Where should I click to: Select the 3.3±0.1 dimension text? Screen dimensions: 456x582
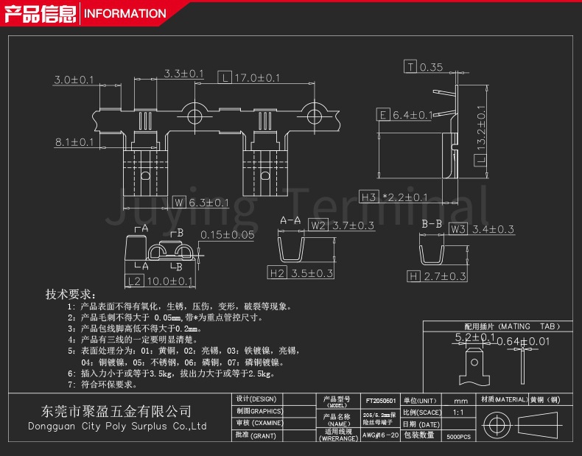click(183, 74)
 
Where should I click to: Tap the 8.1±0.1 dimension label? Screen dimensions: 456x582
click(74, 141)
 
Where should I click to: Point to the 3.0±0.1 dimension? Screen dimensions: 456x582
click(74, 80)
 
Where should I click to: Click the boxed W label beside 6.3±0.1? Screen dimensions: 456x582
click(178, 202)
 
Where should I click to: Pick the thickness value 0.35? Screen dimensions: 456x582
click(431, 67)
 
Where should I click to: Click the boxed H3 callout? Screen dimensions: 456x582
click(369, 197)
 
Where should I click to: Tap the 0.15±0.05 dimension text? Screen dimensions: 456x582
click(228, 235)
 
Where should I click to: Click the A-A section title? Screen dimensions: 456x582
click(290, 221)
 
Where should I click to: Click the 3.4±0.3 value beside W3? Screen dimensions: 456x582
click(493, 229)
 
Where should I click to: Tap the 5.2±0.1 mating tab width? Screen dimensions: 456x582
click(476, 337)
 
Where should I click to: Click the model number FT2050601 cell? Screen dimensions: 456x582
click(381, 401)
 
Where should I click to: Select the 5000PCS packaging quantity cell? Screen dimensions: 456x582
click(458, 437)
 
